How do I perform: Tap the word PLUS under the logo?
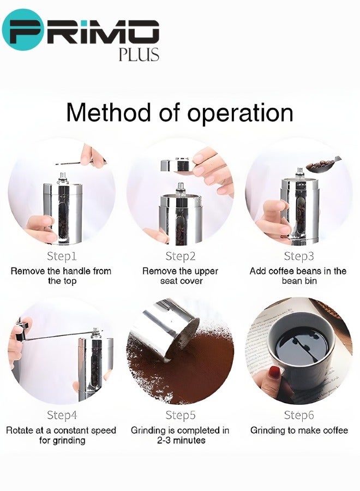[139, 55]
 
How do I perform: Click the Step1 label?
[62, 256]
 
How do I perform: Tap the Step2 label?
[181, 256]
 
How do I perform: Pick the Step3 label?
[299, 256]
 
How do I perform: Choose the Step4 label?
[62, 416]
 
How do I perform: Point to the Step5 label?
[181, 416]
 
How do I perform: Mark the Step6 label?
[299, 416]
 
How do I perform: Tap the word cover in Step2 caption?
[190, 281]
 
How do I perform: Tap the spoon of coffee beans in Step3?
[323, 163]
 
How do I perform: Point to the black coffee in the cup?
[301, 344]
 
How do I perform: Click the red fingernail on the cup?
[274, 372]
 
